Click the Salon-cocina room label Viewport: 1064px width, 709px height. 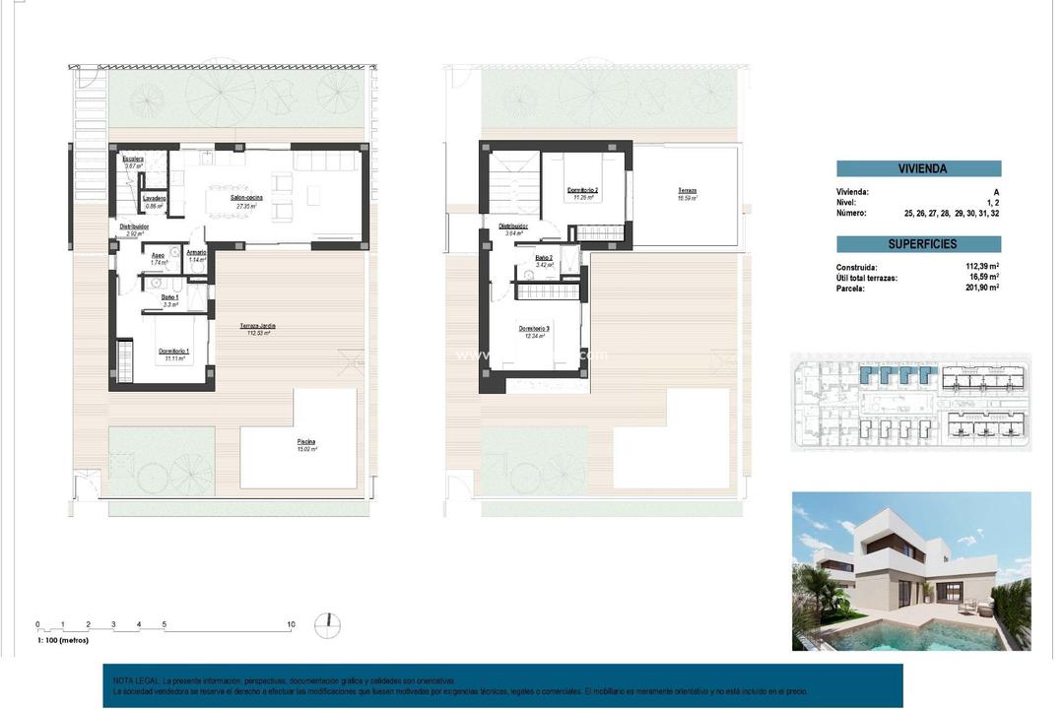(247, 198)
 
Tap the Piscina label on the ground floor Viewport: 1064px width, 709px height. (307, 441)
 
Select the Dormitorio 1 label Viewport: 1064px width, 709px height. (173, 352)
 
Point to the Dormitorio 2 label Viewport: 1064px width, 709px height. (583, 189)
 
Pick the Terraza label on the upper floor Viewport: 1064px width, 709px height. (687, 190)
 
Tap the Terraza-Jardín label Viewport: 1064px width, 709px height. (256, 326)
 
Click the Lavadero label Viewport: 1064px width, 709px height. (154, 198)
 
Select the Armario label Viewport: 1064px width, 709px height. (196, 252)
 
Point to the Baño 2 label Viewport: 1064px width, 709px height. (545, 258)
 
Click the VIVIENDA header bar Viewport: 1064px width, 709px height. (918, 168)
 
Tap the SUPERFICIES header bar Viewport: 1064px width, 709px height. (918, 243)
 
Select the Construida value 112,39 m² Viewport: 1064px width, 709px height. (982, 266)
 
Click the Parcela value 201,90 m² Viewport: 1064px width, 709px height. (982, 288)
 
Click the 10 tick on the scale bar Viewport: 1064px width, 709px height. (291, 624)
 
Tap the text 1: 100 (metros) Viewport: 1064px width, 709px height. (62, 640)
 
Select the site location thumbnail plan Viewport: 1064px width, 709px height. (910, 402)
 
